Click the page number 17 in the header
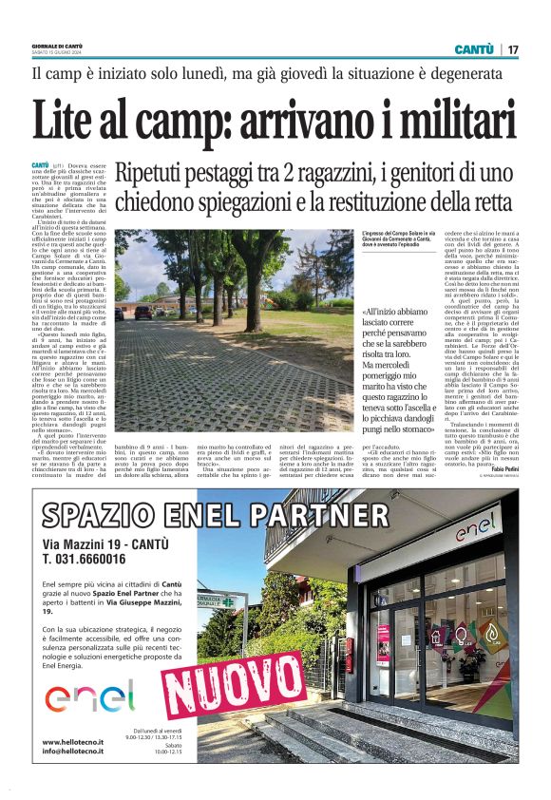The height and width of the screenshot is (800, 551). tap(513, 49)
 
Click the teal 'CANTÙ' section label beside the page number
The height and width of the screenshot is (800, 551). tap(474, 49)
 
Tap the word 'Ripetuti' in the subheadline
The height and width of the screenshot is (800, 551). tap(154, 174)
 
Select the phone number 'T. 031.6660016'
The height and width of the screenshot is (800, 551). tap(89, 561)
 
